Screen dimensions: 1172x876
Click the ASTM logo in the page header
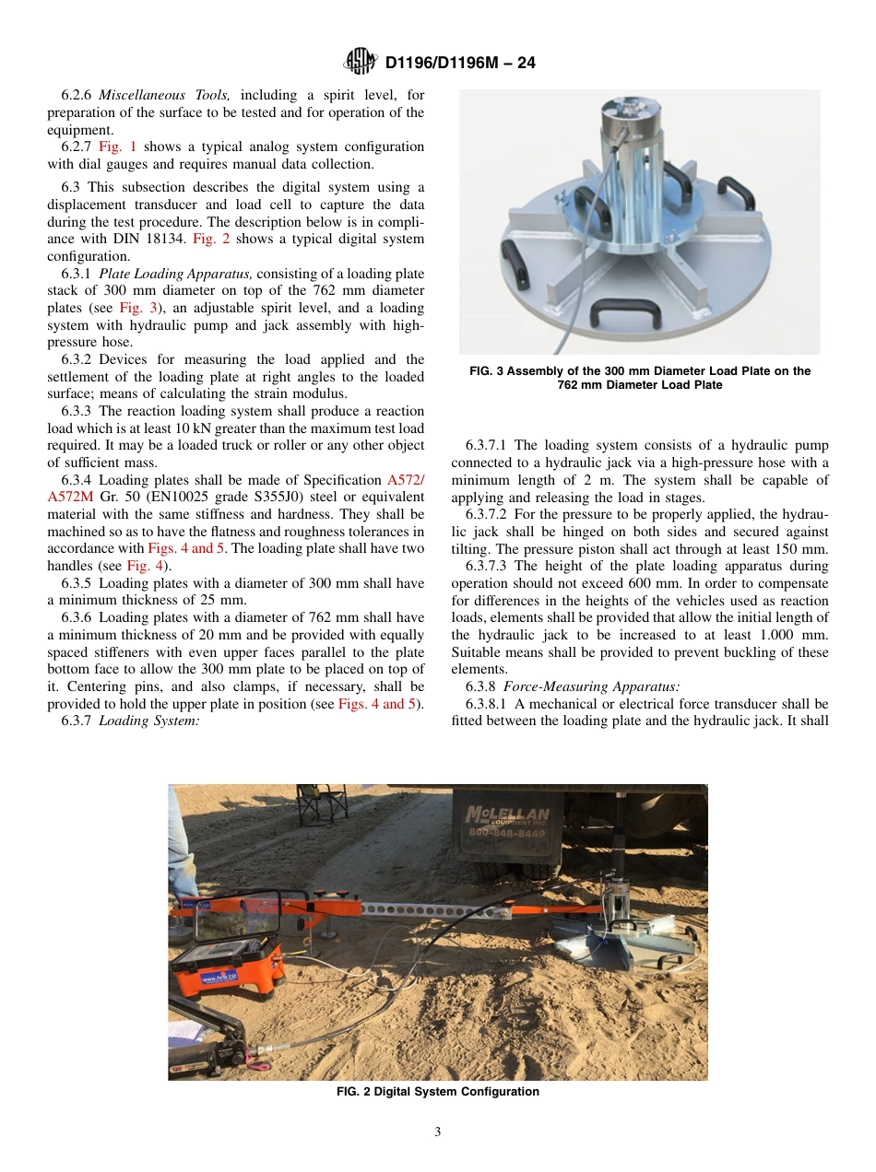click(361, 62)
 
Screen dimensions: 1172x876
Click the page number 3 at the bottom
click(438, 1132)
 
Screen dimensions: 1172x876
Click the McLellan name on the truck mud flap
click(507, 815)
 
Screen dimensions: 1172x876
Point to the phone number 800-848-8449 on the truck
click(507, 833)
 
